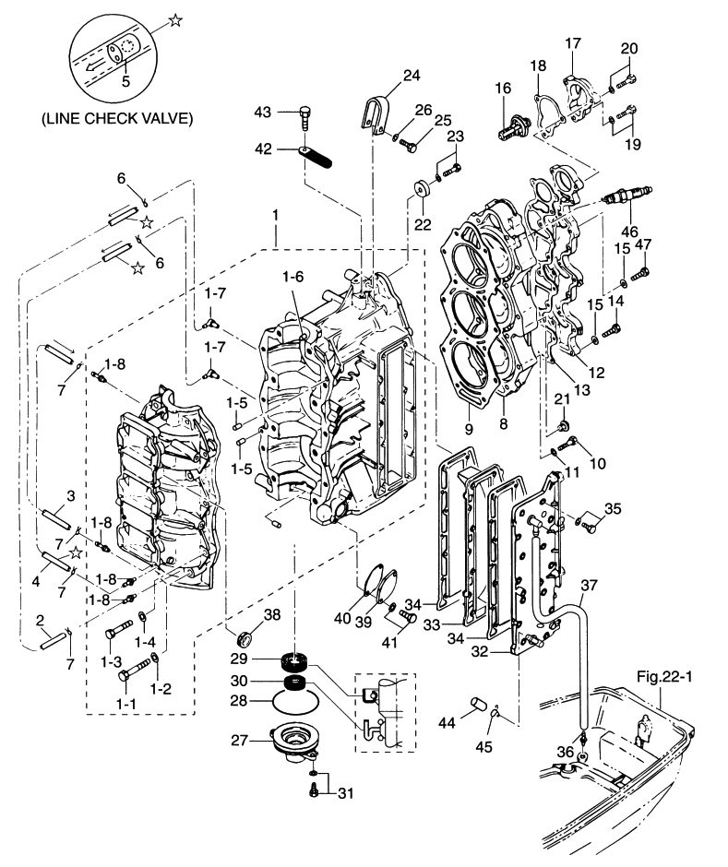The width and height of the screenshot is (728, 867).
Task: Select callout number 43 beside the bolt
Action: [x=264, y=112]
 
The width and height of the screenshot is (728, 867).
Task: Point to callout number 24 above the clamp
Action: [x=411, y=75]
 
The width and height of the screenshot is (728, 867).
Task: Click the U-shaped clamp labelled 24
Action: [x=372, y=117]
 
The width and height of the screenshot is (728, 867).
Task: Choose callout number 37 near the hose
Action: [x=589, y=585]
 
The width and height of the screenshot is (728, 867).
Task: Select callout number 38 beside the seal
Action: [x=272, y=614]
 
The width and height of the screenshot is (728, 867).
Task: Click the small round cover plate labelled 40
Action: [x=379, y=582]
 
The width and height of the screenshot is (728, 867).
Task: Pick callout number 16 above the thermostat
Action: [x=503, y=88]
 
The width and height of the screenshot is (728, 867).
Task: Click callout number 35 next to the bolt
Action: [x=614, y=508]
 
